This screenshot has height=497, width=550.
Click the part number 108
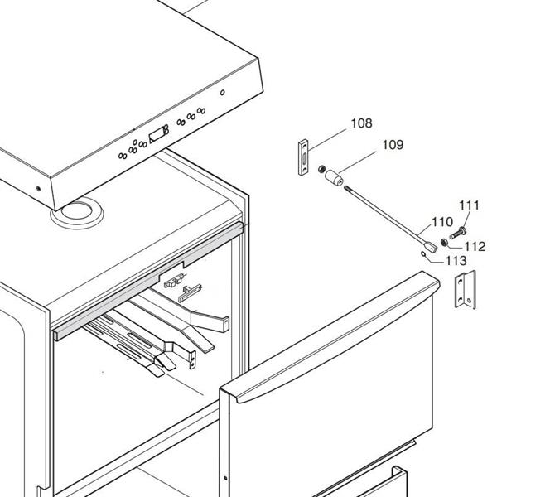tap(361, 123)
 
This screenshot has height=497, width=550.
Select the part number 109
tap(392, 145)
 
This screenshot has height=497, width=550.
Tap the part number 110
tap(442, 222)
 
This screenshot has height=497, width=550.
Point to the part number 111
tap(469, 205)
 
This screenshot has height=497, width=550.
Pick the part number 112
tap(474, 246)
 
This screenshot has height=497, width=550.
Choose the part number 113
tap(456, 260)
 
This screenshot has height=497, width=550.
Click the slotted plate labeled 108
tap(304, 157)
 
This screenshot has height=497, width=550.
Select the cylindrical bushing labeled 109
tap(335, 177)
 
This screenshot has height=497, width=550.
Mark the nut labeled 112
tap(446, 242)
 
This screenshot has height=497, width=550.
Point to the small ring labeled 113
tap(425, 256)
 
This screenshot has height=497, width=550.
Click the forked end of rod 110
tap(432, 246)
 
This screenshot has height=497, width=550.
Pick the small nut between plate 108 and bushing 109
tap(321, 170)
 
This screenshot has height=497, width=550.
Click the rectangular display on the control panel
tap(157, 136)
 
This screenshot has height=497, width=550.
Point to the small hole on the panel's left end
tap(38, 187)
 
